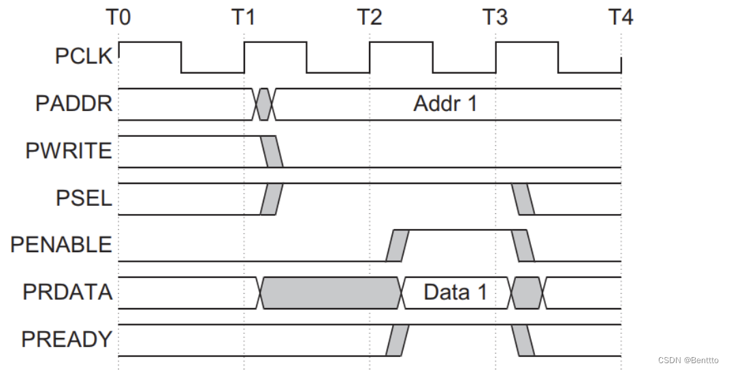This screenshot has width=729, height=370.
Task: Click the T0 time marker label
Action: [118, 17]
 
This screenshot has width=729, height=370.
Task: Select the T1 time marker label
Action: [244, 17]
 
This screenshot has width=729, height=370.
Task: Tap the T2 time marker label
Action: [370, 17]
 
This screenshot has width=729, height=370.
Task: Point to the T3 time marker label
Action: [496, 17]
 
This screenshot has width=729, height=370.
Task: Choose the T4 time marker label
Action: [620, 17]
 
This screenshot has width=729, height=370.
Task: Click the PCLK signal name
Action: [83, 57]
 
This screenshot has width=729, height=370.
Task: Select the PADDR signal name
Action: [74, 104]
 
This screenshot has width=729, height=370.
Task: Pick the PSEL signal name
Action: [84, 198]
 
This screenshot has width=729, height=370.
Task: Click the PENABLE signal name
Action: [61, 245]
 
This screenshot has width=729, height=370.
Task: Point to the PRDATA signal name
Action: [67, 292]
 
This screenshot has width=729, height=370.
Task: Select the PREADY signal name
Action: [67, 339]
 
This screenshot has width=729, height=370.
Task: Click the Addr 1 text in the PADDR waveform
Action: [445, 104]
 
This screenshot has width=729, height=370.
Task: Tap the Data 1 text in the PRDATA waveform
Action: [455, 292]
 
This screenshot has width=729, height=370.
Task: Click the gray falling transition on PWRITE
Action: [272, 151]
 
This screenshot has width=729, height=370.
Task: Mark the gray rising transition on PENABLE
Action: [398, 245]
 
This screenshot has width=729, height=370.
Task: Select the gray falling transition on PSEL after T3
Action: [523, 198]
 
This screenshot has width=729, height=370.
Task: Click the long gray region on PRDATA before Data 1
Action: [330, 292]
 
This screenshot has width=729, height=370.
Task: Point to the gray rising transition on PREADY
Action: [398, 339]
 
